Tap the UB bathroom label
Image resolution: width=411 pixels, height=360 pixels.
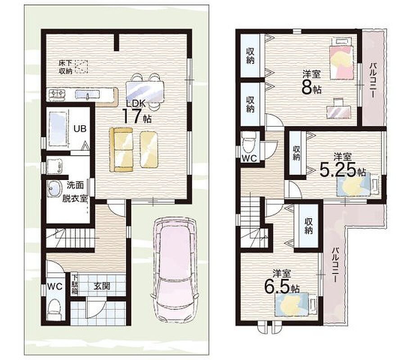[x=80, y=129]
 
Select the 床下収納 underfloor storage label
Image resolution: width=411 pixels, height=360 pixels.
[x=66, y=67]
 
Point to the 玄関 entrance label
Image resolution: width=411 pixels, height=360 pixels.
[x=102, y=286]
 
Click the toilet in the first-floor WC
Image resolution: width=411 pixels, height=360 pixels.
[x=54, y=309]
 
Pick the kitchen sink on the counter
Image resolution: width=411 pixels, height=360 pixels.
[x=87, y=94]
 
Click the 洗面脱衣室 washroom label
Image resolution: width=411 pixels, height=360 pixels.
[x=75, y=192]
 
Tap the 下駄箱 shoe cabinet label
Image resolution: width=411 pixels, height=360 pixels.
[x=75, y=285]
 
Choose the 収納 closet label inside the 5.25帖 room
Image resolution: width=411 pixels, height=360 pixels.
[x=297, y=153]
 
